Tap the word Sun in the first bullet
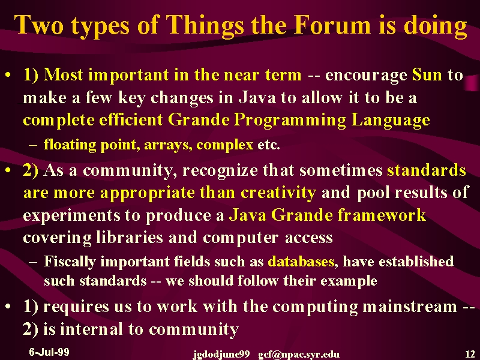click(427, 75)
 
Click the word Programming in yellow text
click(290, 121)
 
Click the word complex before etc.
click(224, 145)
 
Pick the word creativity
click(278, 193)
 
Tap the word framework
click(382, 215)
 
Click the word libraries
click(130, 238)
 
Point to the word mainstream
click(410, 307)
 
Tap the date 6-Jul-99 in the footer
click(49, 352)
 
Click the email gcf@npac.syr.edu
click(299, 355)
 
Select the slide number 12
click(470, 354)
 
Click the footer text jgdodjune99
click(221, 355)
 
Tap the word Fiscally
click(70, 262)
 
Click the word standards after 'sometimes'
click(427, 170)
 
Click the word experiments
click(71, 215)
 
